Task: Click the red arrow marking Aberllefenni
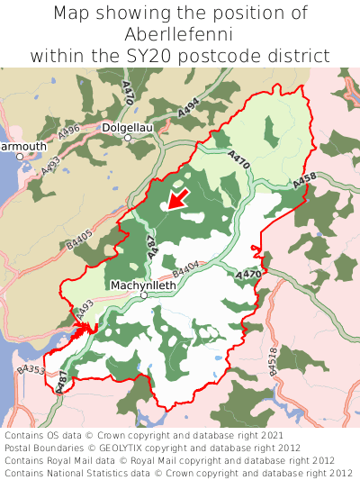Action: click(x=178, y=198)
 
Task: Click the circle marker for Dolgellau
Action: click(x=128, y=139)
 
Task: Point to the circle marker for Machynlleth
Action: click(x=144, y=294)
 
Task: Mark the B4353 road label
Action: click(x=31, y=370)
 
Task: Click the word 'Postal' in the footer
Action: click(x=21, y=447)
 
